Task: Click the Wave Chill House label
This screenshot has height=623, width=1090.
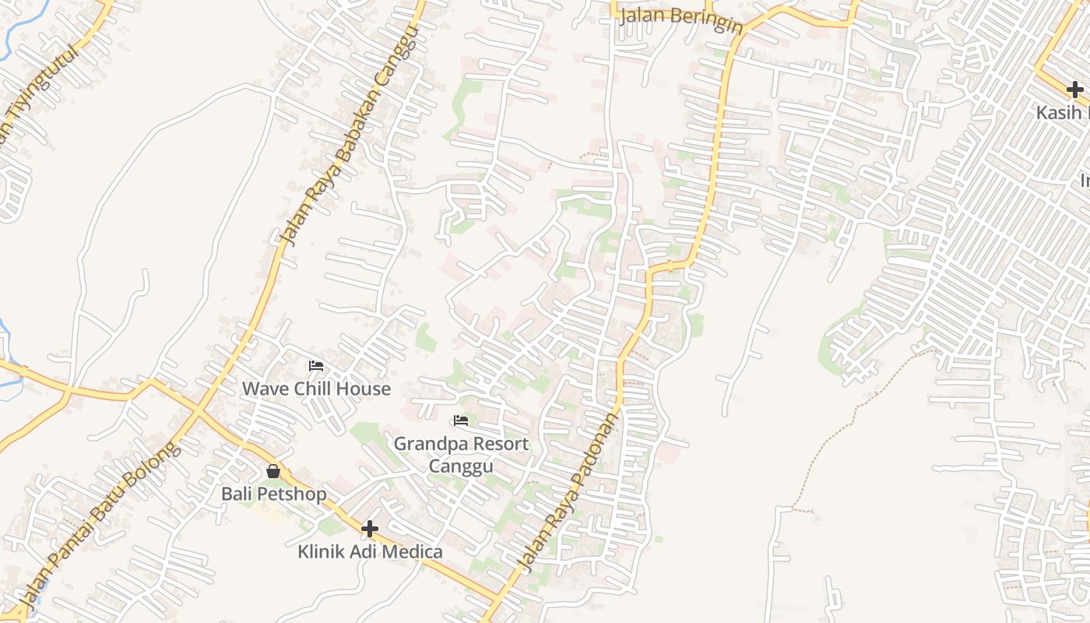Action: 316,389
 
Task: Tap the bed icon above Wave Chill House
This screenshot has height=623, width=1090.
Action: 316,365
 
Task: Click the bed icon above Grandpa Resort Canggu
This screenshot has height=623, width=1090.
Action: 461,421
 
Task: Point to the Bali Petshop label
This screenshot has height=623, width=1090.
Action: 273,494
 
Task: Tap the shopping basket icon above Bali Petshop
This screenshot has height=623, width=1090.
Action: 273,470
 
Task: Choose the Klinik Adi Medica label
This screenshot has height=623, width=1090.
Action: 370,552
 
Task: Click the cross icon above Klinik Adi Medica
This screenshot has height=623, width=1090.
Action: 370,530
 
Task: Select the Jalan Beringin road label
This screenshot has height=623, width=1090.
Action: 681,21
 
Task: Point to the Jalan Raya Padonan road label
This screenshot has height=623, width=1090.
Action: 571,492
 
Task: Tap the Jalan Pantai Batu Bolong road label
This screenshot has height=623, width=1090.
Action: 99,523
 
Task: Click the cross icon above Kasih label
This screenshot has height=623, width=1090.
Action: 1075,90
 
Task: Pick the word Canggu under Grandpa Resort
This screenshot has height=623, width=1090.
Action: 461,466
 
